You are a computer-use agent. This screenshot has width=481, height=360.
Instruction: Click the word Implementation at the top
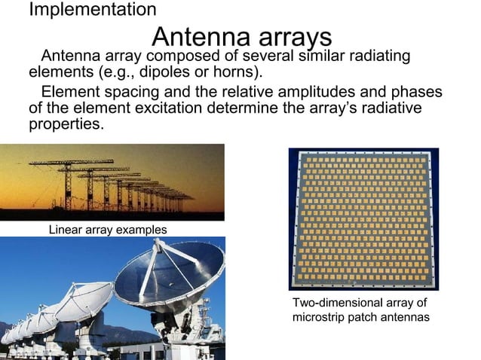point(92,10)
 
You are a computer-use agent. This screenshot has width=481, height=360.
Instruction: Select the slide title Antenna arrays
point(241,36)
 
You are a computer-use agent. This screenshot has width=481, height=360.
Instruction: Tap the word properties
point(65,124)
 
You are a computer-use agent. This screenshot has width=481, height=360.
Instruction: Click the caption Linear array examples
point(107,229)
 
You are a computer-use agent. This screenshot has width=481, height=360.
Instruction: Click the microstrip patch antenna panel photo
point(363,218)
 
